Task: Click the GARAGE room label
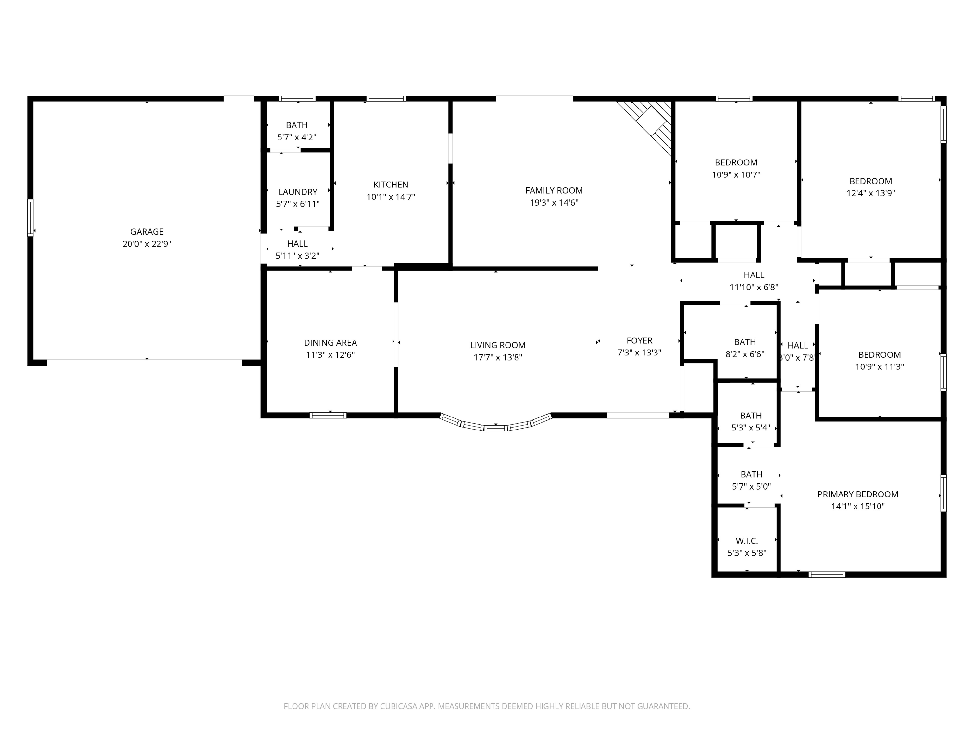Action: (147, 231)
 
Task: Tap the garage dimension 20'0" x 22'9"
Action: (147, 244)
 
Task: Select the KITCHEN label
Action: (391, 185)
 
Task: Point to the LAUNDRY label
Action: (298, 192)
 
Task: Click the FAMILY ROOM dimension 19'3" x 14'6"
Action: (554, 203)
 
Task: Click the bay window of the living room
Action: (495, 424)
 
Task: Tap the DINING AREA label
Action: (330, 342)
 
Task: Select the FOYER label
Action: (639, 340)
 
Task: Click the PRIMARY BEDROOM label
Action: (857, 494)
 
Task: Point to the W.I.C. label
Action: (747, 541)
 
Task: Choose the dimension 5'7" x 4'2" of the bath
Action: (297, 137)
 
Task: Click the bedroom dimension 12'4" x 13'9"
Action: (870, 193)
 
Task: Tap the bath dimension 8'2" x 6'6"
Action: (744, 354)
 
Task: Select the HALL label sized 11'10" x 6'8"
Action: (754, 275)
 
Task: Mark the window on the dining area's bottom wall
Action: (328, 415)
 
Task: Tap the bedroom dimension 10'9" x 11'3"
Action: (879, 366)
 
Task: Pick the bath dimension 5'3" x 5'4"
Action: (751, 428)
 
